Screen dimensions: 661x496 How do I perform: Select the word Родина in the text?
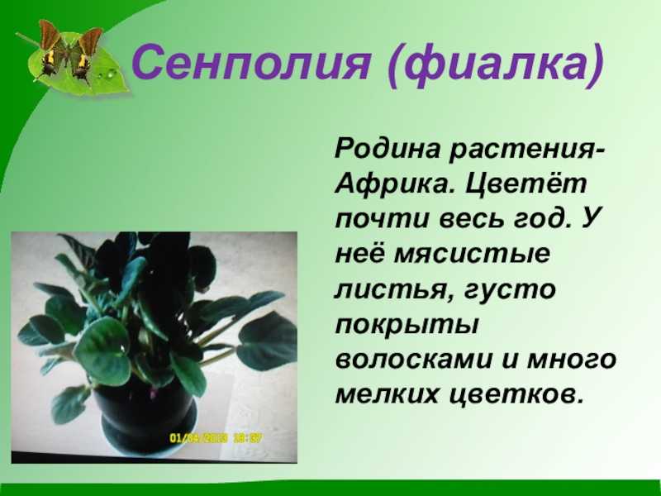pyautogui.click(x=388, y=150)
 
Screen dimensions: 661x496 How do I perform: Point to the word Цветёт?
pyautogui.click(x=526, y=185)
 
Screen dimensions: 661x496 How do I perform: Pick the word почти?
pyautogui.click(x=383, y=220)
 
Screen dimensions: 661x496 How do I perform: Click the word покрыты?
pyautogui.click(x=407, y=326)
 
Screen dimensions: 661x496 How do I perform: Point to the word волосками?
pyautogui.click(x=414, y=360)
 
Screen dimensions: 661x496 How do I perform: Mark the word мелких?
pyautogui.click(x=387, y=395)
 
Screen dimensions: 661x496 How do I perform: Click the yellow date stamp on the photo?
pyautogui.click(x=215, y=438)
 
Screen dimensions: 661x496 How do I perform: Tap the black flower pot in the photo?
pyautogui.click(x=145, y=418)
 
